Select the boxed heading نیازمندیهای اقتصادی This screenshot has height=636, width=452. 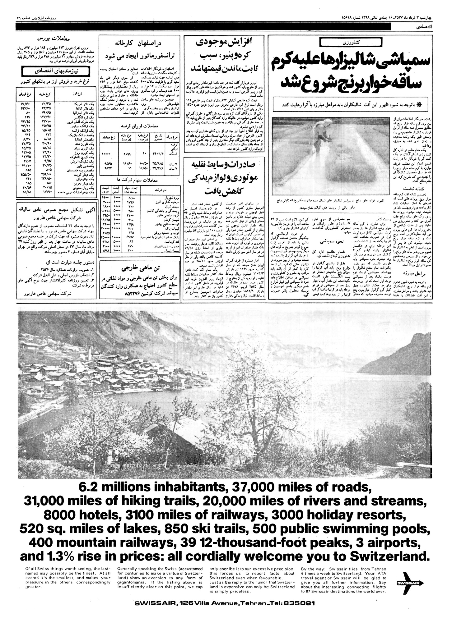point(55,71)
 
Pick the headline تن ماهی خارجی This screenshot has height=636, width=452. point(140,268)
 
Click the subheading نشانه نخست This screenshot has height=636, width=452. point(412,188)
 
